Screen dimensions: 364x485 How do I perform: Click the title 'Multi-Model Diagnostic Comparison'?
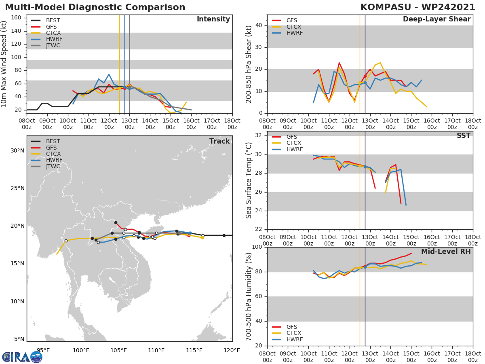click(x=95, y=7)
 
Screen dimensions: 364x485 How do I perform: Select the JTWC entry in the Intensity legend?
click(x=53, y=45)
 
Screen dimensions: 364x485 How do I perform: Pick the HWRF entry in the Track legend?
click(x=53, y=160)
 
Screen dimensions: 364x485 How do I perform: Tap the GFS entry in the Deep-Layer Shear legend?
click(x=291, y=20)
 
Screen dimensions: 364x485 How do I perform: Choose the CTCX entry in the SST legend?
click(x=294, y=143)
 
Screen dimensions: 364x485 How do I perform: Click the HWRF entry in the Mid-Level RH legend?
click(x=294, y=339)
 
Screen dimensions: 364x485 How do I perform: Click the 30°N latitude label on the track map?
click(x=17, y=150)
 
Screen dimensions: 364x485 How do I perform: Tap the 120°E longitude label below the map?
click(x=232, y=350)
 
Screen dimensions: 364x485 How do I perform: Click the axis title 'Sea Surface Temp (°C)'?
click(x=249, y=180)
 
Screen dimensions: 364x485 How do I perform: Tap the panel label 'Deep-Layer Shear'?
click(x=436, y=19)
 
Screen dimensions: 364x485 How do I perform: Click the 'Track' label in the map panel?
click(x=219, y=141)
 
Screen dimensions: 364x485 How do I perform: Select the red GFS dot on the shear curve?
click(x=365, y=76)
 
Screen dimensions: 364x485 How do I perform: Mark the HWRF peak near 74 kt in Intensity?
click(x=109, y=74)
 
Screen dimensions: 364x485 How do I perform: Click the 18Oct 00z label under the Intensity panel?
click(x=232, y=124)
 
